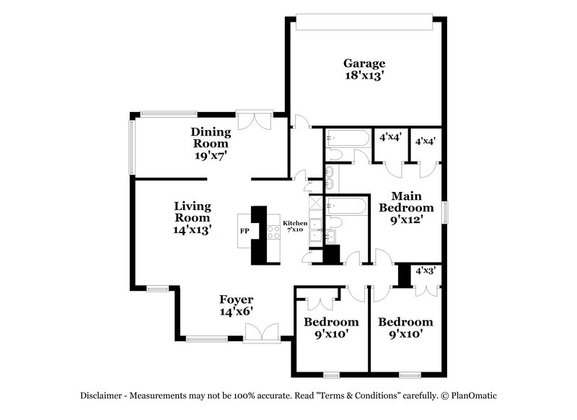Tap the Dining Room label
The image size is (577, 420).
click(211, 137)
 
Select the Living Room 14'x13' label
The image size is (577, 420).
click(192, 218)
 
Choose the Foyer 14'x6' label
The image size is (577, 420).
click(236, 305)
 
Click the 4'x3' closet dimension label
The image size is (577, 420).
click(424, 271)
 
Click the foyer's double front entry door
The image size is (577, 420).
click(260, 333)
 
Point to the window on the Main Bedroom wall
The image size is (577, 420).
click(445, 212)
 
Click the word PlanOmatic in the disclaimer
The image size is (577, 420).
click(473, 395)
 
